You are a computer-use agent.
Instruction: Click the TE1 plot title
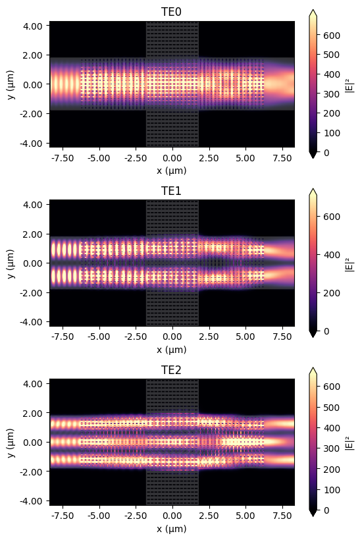point(172,191)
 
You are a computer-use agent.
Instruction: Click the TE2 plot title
point(172,370)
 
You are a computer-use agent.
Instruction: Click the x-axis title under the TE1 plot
point(172,349)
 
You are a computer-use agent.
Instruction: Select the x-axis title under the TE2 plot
point(172,528)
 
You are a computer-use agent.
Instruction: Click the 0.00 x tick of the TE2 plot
point(172,517)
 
